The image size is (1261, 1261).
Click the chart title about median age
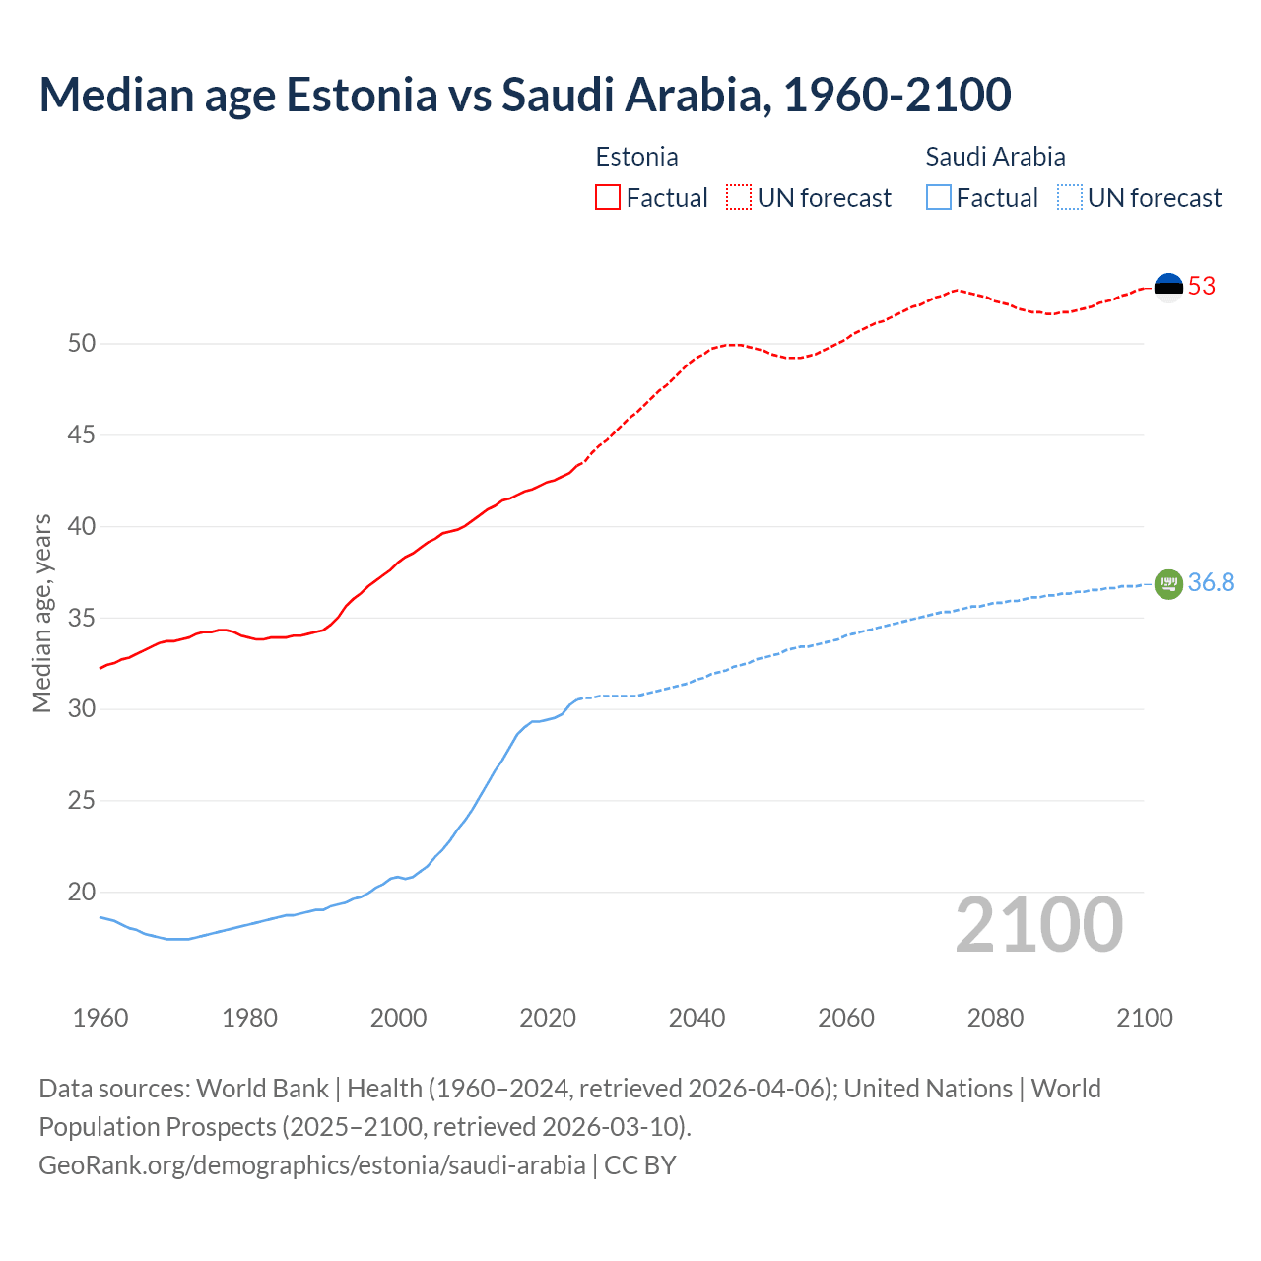(x=524, y=96)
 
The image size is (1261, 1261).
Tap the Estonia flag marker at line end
(x=1168, y=287)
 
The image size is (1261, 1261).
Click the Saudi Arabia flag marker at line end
(x=1168, y=584)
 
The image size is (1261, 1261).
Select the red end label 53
(x=1202, y=287)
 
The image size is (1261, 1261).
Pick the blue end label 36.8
(x=1211, y=583)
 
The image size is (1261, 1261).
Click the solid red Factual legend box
(x=608, y=198)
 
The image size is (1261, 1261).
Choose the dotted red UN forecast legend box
(x=739, y=198)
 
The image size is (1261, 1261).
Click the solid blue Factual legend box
(x=939, y=198)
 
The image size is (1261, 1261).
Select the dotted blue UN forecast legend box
(x=1069, y=198)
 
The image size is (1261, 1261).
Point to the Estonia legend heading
(x=636, y=158)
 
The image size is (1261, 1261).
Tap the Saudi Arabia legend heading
(x=995, y=158)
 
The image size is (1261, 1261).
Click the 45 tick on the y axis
(x=82, y=435)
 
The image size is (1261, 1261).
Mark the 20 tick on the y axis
(x=82, y=893)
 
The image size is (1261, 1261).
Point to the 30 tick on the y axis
(x=82, y=709)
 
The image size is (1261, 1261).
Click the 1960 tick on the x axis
(x=100, y=1018)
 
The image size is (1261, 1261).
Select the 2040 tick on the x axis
(x=697, y=1018)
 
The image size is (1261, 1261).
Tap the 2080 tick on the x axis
(x=995, y=1018)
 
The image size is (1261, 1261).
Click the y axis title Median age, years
(x=41, y=613)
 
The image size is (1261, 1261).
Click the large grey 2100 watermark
(x=1038, y=925)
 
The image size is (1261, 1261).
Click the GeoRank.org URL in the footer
(x=311, y=1165)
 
